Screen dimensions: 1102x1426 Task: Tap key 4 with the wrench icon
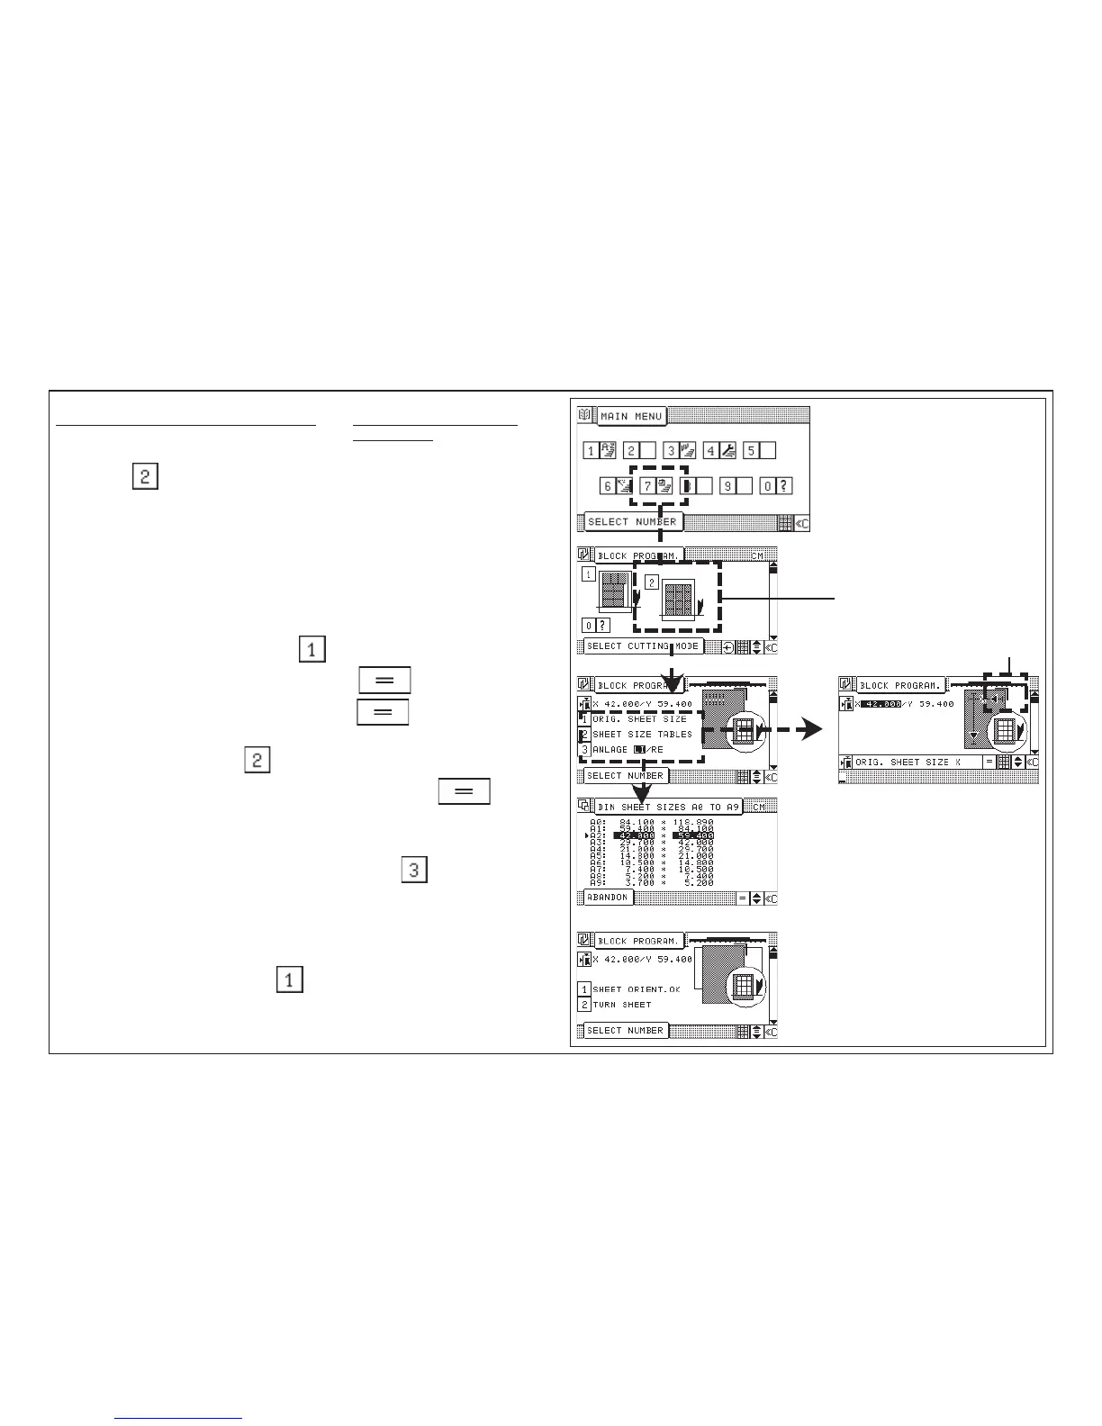[720, 450]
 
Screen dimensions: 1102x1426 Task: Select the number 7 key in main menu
[657, 486]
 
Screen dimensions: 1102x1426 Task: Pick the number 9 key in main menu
[736, 486]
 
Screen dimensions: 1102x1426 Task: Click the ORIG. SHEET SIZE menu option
[639, 719]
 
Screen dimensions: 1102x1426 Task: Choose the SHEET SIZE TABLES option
[642, 735]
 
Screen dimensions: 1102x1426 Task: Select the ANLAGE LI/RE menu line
[628, 750]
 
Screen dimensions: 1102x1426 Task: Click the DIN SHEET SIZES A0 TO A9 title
[667, 808]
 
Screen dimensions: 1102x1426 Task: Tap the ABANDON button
[607, 898]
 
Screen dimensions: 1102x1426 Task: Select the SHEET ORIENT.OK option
[636, 989]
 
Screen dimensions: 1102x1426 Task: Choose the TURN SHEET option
[621, 1005]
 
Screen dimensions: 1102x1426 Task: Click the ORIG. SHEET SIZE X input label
[908, 763]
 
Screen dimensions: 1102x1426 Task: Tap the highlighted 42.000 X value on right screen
[881, 704]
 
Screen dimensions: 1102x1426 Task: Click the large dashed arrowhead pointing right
[810, 731]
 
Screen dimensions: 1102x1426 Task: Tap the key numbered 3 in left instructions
[413, 871]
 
